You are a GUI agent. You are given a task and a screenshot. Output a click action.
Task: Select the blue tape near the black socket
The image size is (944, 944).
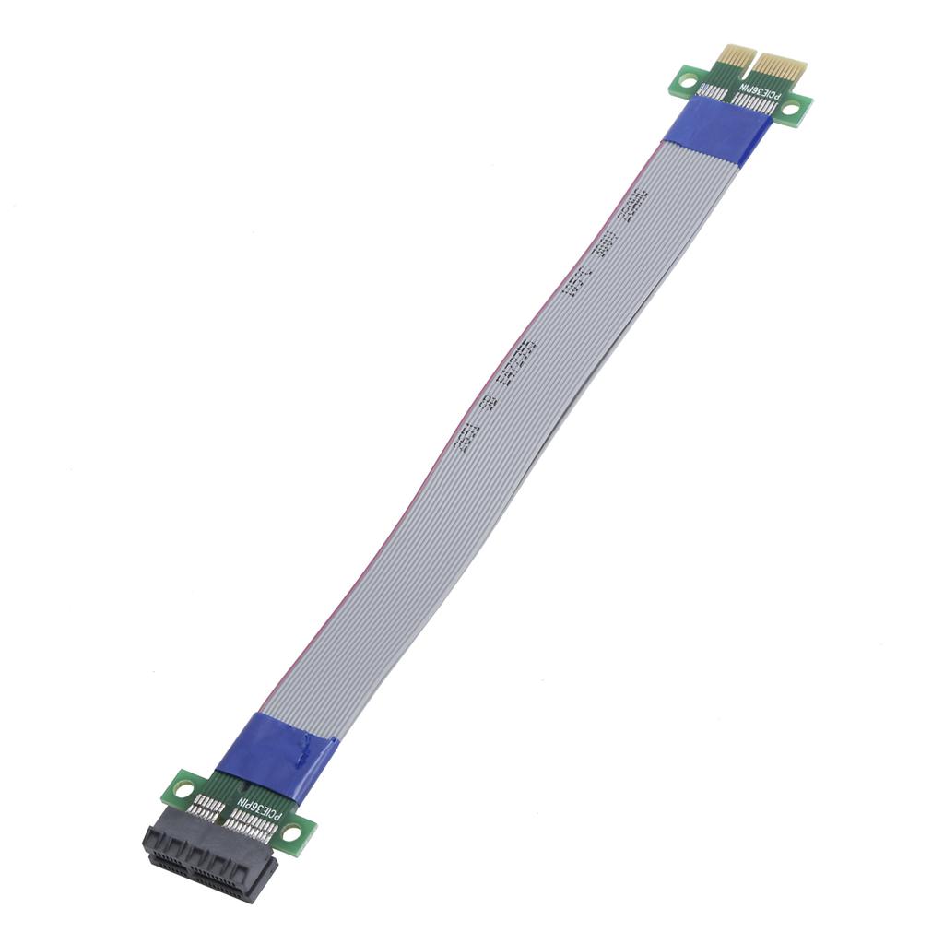pos(277,752)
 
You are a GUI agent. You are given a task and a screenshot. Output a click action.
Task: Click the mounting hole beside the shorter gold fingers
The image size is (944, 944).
pos(686,81)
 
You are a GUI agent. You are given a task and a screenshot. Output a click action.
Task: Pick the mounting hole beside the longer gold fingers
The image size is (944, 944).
pos(792,108)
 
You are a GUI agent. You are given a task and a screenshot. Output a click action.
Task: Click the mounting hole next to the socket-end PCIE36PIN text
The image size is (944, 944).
pos(292,832)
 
